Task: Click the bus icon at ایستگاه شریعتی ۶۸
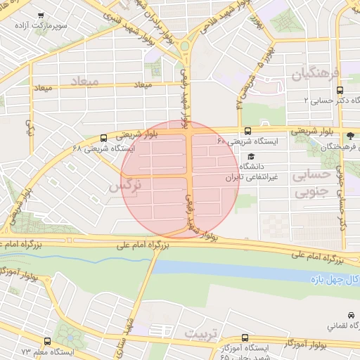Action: [x=104, y=138]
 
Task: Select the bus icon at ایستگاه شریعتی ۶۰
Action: [x=247, y=131]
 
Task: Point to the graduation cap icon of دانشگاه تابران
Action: [x=251, y=157]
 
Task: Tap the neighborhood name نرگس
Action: [x=127, y=186]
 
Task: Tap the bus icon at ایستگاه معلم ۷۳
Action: [x=46, y=339]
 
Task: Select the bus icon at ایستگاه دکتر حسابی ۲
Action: [x=340, y=90]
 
